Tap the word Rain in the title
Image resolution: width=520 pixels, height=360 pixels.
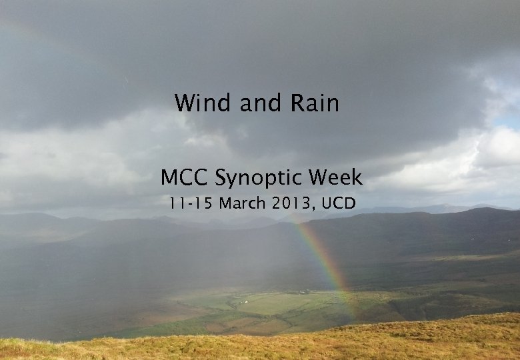pos(315,103)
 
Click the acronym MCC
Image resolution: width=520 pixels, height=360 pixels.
pos(186,177)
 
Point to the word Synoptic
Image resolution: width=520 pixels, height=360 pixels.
pos(263,179)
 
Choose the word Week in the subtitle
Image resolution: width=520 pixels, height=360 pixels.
pos(337,177)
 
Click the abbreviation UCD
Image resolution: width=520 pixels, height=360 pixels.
pos(338,203)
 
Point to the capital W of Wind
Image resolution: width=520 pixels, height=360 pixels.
pos(185,103)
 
